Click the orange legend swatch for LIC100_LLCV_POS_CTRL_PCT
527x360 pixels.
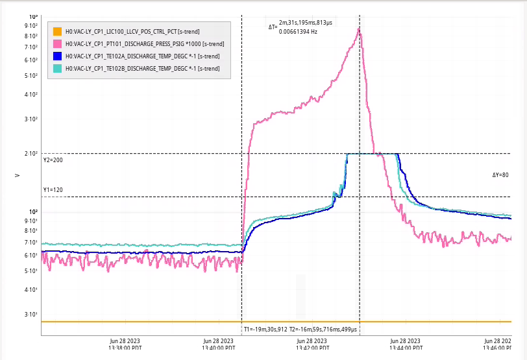pyautogui.click(x=57, y=31)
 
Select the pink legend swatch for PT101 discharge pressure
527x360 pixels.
pyautogui.click(x=57, y=43)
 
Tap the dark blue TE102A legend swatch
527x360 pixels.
pyautogui.click(x=57, y=56)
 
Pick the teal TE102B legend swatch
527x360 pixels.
pyautogui.click(x=57, y=68)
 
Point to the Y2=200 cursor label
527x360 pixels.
pyautogui.click(x=54, y=160)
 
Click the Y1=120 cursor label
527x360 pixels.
pyautogui.click(x=54, y=191)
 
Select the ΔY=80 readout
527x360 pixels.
pyautogui.click(x=500, y=175)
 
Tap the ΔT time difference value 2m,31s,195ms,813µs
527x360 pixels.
pyautogui.click(x=306, y=23)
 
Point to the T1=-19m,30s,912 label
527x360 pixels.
pyautogui.click(x=265, y=330)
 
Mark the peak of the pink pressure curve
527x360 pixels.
pyautogui.click(x=359, y=28)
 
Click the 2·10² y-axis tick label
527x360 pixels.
pyautogui.click(x=31, y=154)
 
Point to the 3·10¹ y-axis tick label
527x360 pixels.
pyautogui.click(x=31, y=315)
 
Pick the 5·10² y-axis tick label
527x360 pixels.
pyautogui.click(x=31, y=76)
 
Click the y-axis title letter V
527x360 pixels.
pyautogui.click(x=18, y=175)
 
